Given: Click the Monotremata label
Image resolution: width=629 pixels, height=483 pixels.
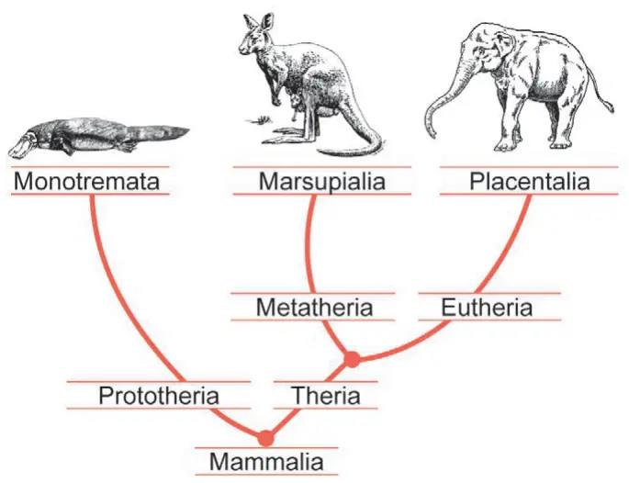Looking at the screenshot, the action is click(86, 181).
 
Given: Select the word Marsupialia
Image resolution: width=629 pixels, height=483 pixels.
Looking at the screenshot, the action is click(322, 181).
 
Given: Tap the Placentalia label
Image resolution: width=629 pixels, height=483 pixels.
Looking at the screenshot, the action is click(530, 181).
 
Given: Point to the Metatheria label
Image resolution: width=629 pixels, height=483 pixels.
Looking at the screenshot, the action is click(314, 308).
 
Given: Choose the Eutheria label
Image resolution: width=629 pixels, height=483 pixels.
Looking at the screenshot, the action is click(487, 308).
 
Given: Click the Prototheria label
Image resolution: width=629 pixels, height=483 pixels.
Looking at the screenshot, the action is click(159, 395).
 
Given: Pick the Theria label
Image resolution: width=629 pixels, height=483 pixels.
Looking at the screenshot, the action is click(327, 395).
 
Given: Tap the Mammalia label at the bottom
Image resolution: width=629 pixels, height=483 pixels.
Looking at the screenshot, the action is click(266, 461).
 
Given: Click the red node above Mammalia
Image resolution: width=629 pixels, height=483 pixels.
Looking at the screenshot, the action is click(265, 438).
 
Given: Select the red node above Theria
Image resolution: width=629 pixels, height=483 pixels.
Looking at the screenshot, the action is click(352, 359).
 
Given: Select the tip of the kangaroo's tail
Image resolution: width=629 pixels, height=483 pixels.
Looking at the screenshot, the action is click(320, 152).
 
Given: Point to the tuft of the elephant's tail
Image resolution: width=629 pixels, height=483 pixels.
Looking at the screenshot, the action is click(610, 107).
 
